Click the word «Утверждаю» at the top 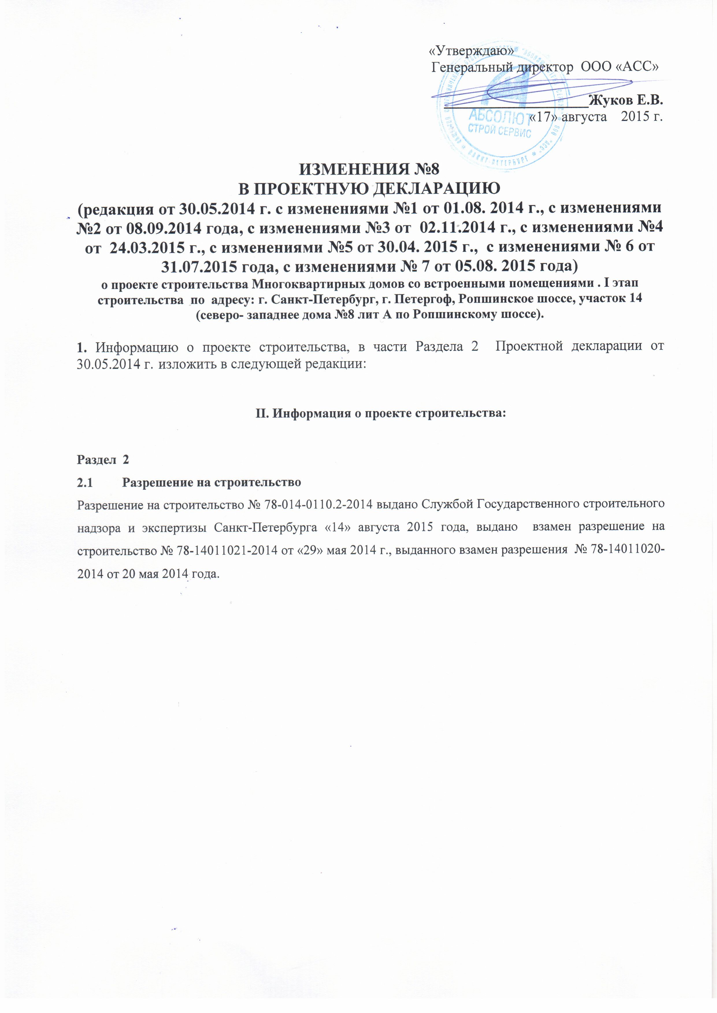pyautogui.click(x=472, y=52)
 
